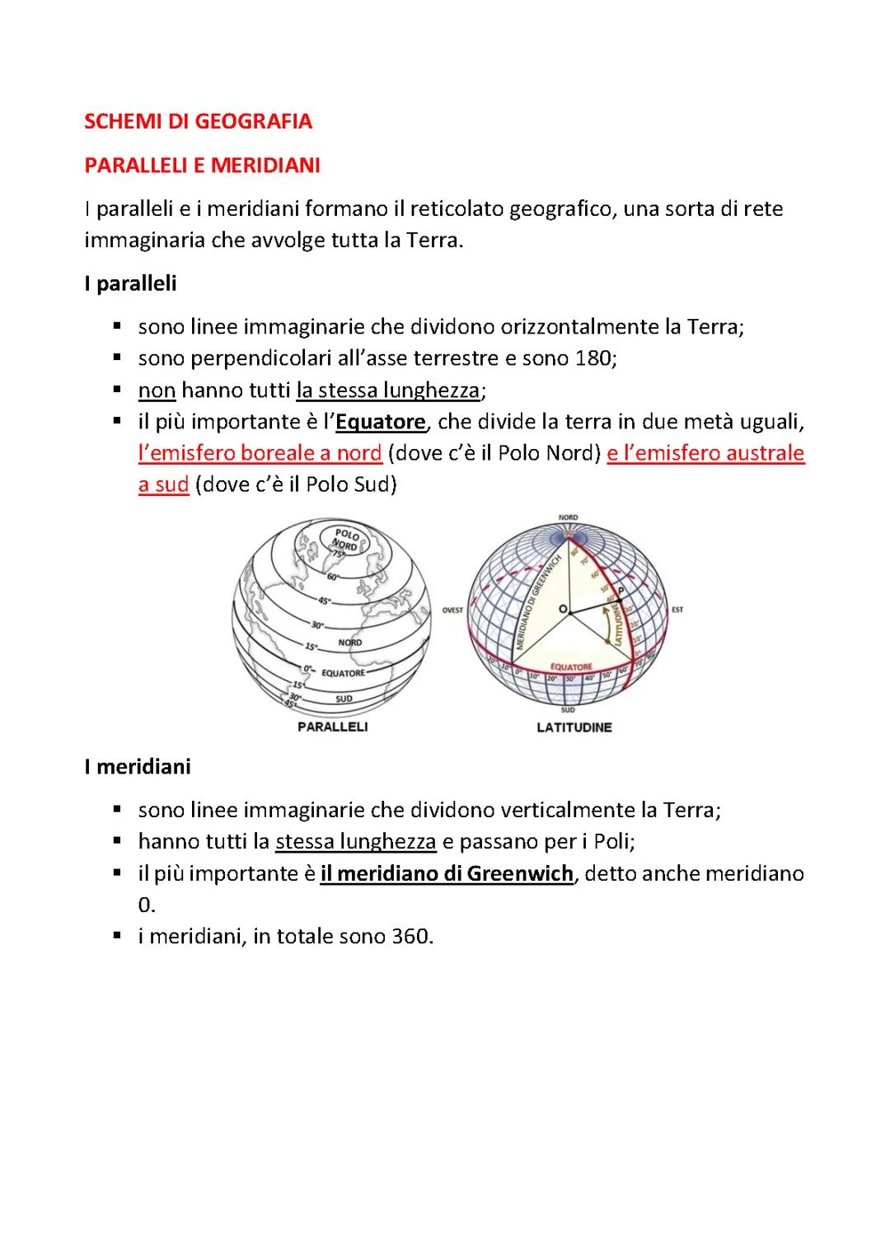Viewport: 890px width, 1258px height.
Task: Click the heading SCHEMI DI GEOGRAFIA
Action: [x=198, y=122]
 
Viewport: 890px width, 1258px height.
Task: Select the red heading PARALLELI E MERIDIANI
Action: [x=202, y=166]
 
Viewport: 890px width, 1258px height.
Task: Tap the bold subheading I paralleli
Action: [x=130, y=283]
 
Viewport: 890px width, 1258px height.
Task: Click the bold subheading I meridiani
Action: [x=137, y=766]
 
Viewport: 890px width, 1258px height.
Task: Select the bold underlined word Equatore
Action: [x=380, y=422]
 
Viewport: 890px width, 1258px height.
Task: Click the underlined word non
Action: [x=157, y=390]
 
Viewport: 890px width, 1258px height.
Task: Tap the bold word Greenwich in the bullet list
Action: [x=519, y=873]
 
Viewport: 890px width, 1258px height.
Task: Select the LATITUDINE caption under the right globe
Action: [x=574, y=727]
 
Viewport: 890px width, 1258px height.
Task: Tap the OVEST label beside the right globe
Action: [x=452, y=610]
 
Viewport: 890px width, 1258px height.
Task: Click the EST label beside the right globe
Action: [x=677, y=610]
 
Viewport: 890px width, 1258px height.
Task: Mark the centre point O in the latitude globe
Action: [x=564, y=609]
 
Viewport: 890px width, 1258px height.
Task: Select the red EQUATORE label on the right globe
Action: [x=571, y=666]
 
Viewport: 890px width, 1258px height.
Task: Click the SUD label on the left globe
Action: [x=344, y=699]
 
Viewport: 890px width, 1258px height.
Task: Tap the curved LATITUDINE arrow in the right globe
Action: [x=608, y=627]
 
